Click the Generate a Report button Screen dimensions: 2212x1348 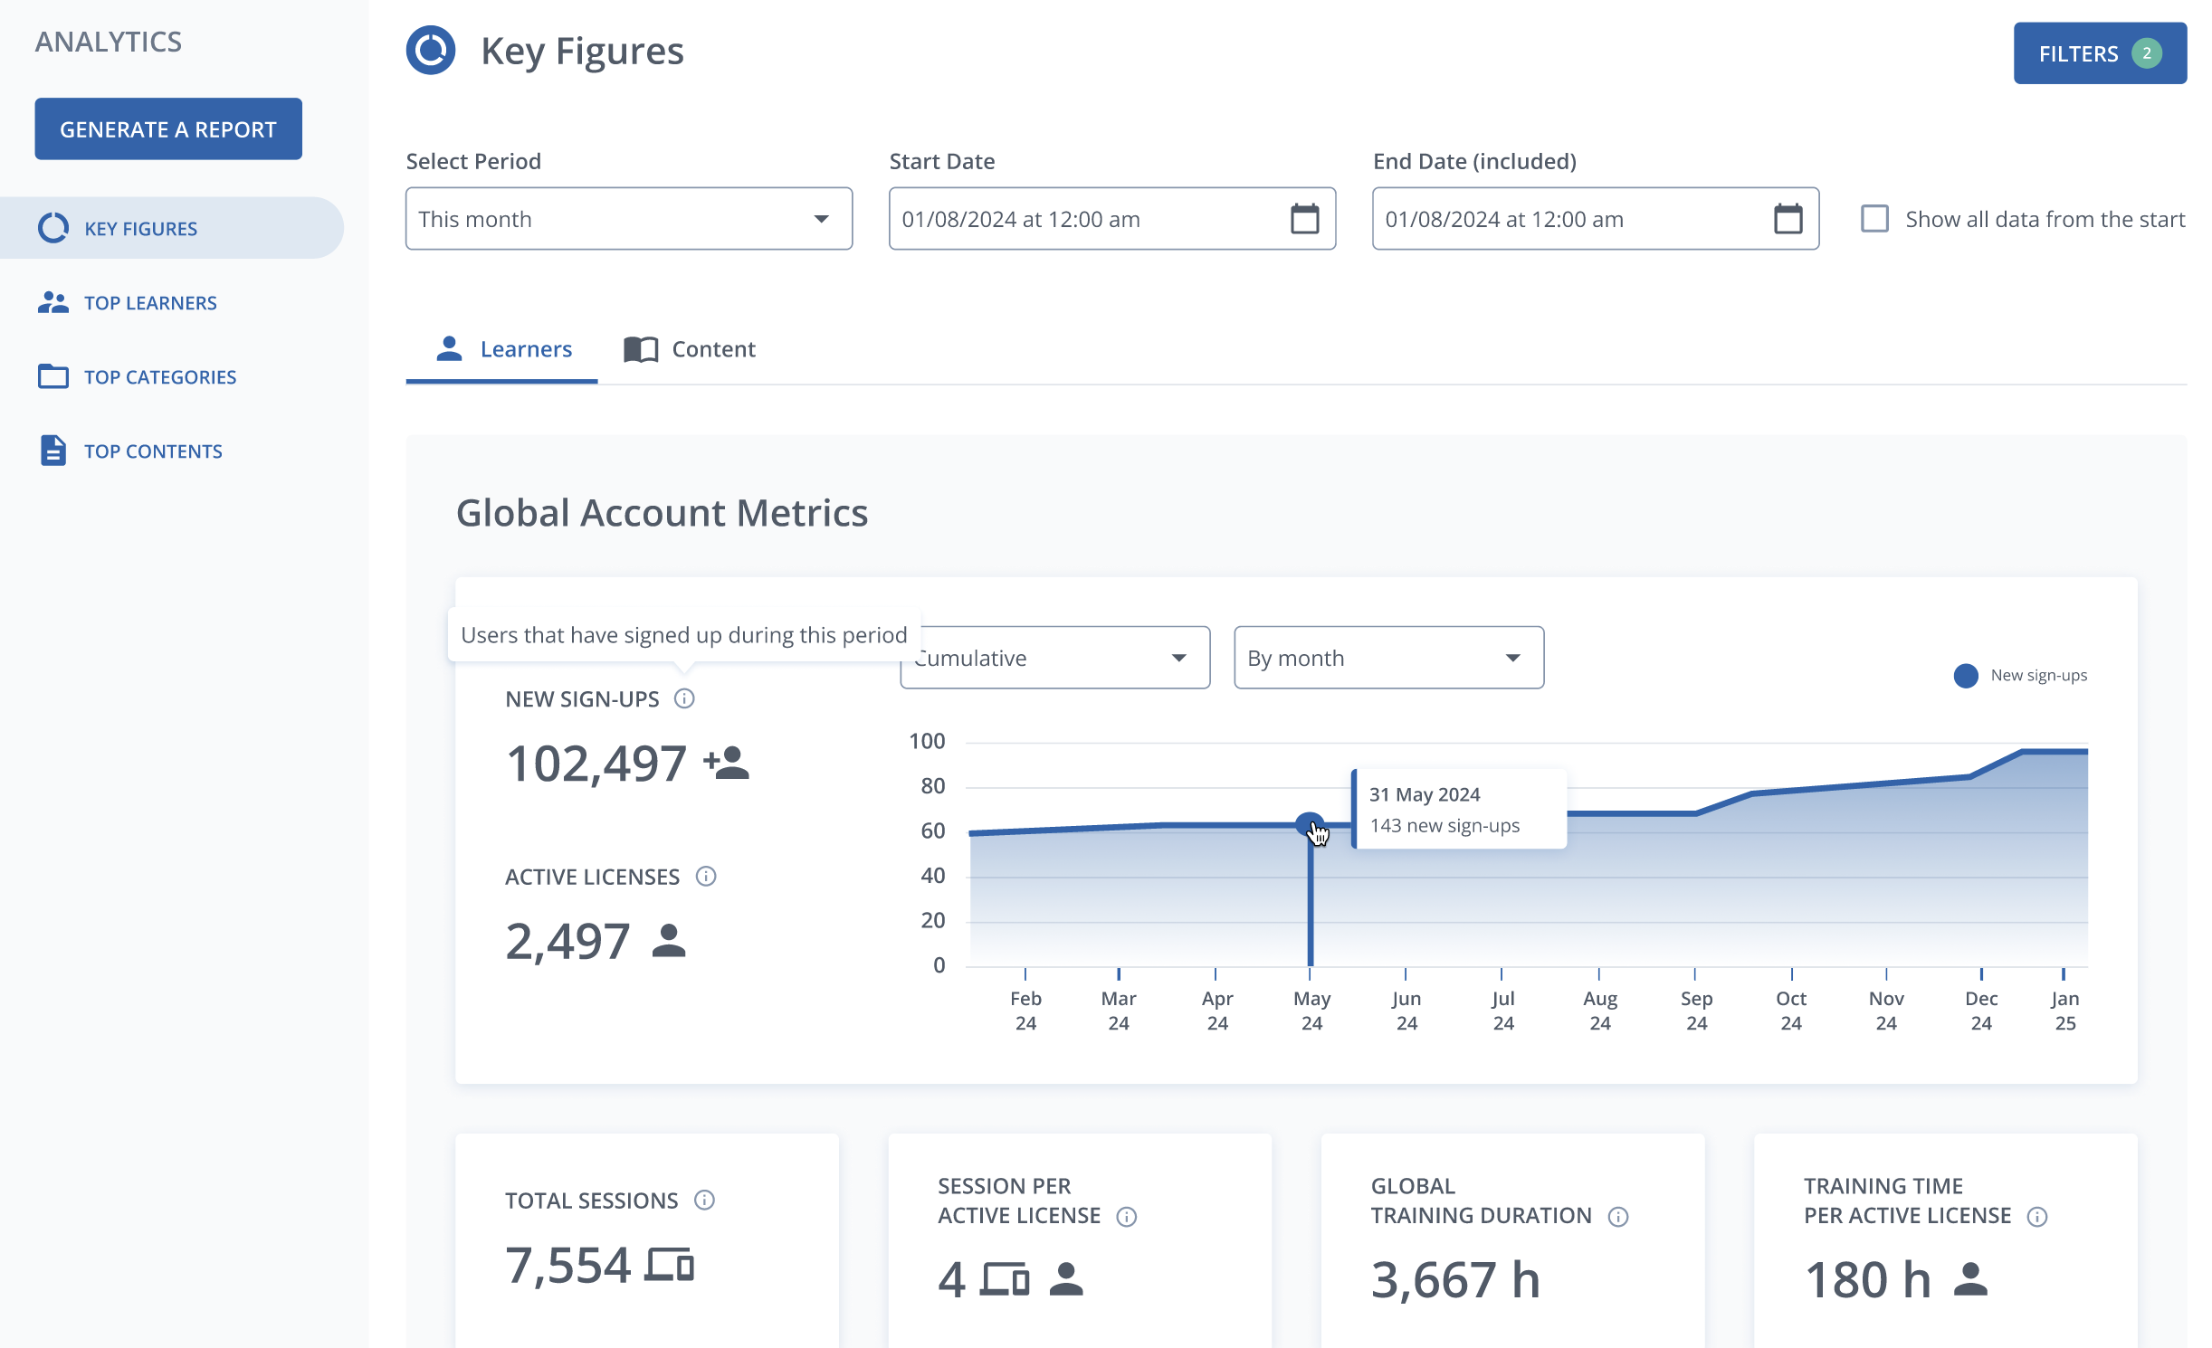pyautogui.click(x=168, y=129)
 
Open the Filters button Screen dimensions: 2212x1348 pyautogui.click(x=2100, y=53)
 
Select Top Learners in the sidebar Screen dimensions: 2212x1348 pyautogui.click(x=150, y=303)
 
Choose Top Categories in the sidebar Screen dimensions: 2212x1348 pyautogui.click(x=160, y=377)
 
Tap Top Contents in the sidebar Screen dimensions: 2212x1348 pyautogui.click(x=153, y=451)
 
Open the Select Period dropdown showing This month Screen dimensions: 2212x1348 pyautogui.click(x=629, y=219)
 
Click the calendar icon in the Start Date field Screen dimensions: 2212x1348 pyautogui.click(x=1304, y=219)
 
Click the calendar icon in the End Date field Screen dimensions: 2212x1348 pyautogui.click(x=1788, y=219)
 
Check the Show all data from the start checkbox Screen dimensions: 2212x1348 pyautogui.click(x=1874, y=219)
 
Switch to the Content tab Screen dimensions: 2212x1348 pyautogui.click(x=690, y=349)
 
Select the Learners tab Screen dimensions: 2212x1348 pyautogui.click(x=502, y=349)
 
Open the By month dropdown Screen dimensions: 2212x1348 pyautogui.click(x=1388, y=658)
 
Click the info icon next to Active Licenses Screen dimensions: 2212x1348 pyautogui.click(x=706, y=877)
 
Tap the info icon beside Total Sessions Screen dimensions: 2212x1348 pyautogui.click(x=704, y=1201)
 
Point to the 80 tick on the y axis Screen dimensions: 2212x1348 pyautogui.click(x=933, y=786)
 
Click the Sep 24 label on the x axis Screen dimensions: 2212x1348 pyautogui.click(x=1696, y=1011)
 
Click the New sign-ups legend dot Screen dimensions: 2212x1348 pyautogui.click(x=1965, y=676)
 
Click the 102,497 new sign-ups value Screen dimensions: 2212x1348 pyautogui.click(x=596, y=764)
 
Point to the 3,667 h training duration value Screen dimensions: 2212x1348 pyautogui.click(x=1455, y=1279)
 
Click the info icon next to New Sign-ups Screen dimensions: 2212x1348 pyautogui.click(x=684, y=698)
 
